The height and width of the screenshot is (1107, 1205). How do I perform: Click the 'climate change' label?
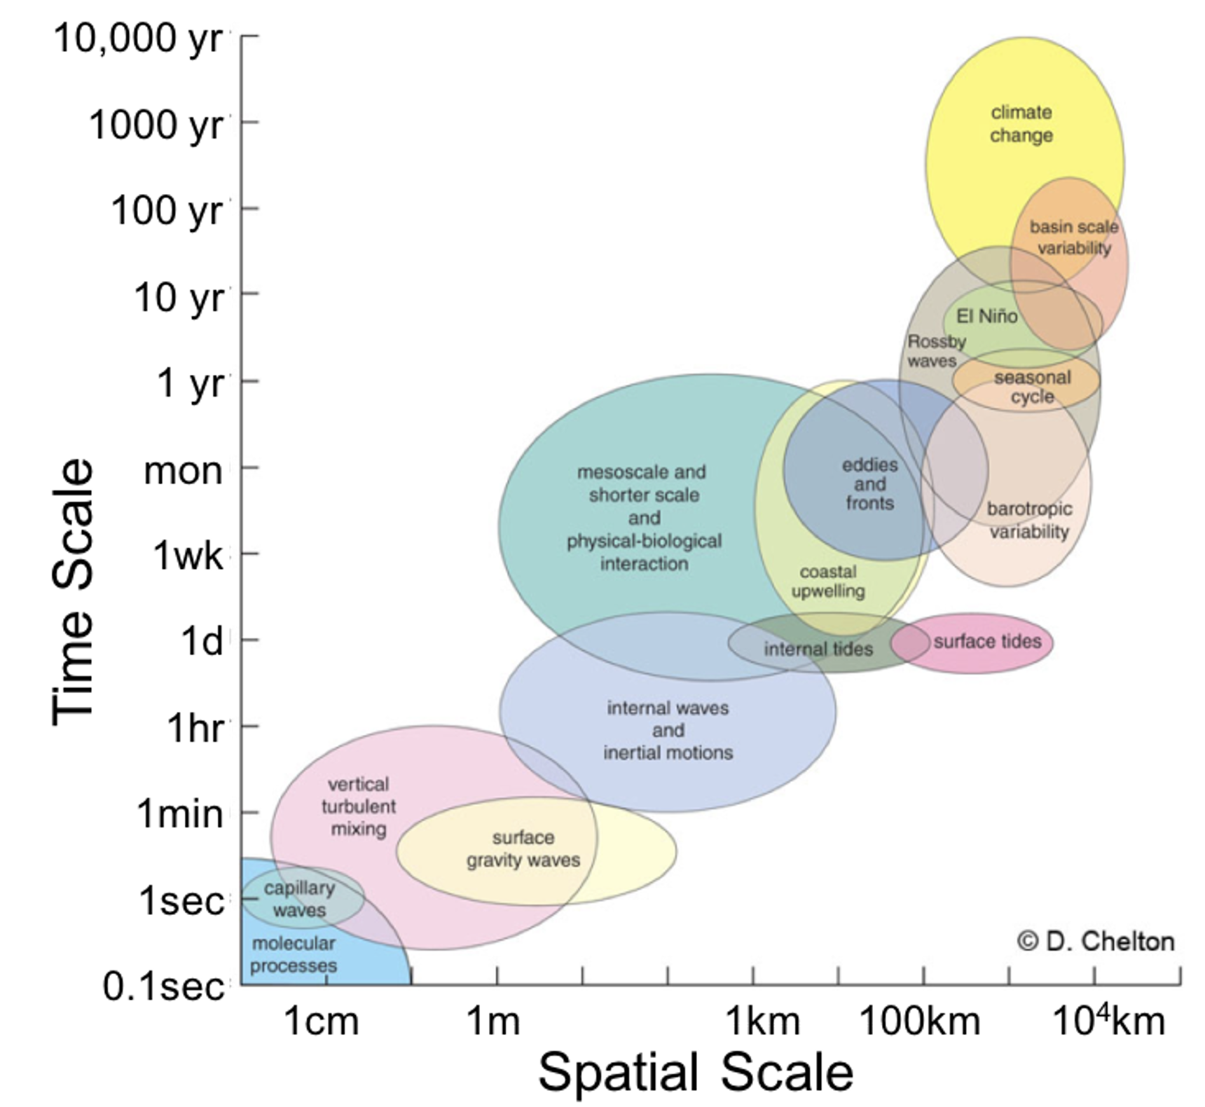1021,124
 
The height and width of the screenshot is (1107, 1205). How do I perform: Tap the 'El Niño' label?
986,317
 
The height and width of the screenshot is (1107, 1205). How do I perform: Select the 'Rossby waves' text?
935,351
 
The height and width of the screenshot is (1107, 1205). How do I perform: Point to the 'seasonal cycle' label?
1032,387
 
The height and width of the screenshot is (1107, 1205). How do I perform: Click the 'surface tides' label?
987,641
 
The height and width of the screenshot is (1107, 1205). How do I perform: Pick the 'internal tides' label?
818,649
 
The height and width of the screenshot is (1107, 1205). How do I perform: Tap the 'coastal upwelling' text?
827,582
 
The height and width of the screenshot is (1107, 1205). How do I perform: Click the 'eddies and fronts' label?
869,483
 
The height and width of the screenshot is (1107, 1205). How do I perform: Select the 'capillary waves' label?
299,899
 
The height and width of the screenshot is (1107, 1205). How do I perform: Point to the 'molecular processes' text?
294,954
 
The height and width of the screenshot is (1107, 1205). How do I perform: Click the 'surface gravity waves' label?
523,848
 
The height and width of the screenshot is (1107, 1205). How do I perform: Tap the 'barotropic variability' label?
1029,520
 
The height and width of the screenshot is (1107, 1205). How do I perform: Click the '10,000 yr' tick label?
137,39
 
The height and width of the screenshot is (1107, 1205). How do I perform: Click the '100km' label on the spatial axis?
919,1022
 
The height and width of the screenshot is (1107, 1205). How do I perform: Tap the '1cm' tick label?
321,1022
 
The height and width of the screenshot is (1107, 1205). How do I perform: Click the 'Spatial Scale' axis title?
695,1073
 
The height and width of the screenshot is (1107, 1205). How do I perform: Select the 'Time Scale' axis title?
73,592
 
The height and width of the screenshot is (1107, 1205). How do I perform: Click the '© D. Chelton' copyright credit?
1096,942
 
